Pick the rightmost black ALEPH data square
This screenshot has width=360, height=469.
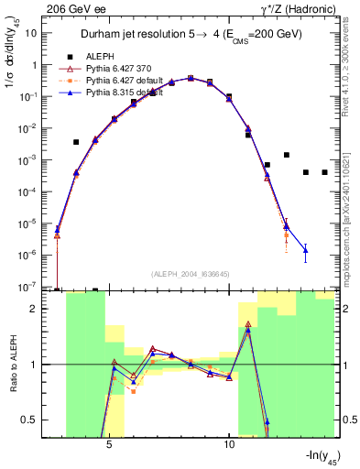(x=324, y=172)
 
